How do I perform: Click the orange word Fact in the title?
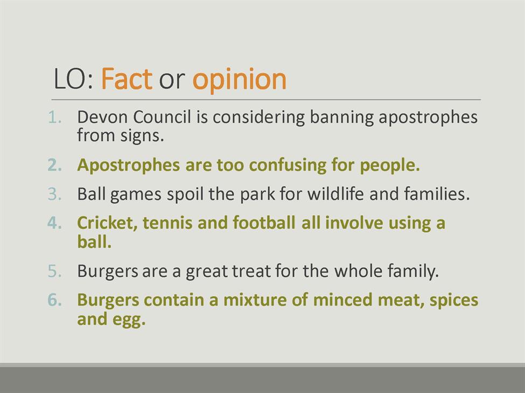[x=127, y=78]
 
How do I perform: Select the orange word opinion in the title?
[x=240, y=80]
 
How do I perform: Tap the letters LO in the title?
[x=70, y=78]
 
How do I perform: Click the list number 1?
[x=55, y=117]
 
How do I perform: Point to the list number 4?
[x=55, y=223]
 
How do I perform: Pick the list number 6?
[x=55, y=300]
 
